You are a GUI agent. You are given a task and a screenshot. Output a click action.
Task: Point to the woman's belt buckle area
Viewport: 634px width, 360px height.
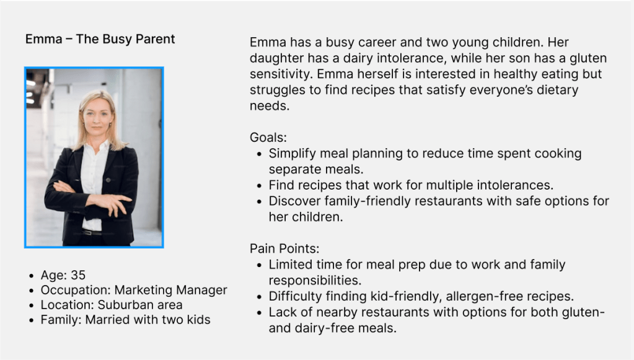(x=92, y=232)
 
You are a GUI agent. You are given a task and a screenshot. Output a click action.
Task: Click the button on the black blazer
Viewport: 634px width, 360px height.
(x=108, y=180)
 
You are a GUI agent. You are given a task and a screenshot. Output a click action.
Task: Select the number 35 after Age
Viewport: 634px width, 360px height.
(x=78, y=275)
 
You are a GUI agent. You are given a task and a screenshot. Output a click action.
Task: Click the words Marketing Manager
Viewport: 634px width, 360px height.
(x=170, y=290)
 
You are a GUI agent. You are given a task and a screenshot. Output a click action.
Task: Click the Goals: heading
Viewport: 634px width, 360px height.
(x=268, y=138)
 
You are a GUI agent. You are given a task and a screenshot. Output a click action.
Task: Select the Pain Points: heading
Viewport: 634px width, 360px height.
(x=284, y=248)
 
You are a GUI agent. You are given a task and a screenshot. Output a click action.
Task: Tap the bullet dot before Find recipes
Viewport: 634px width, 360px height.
(x=260, y=186)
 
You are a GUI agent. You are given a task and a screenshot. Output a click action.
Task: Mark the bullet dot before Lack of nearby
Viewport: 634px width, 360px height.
(x=260, y=313)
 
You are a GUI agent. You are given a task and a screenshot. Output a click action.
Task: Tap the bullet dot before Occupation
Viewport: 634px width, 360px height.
(x=32, y=291)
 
